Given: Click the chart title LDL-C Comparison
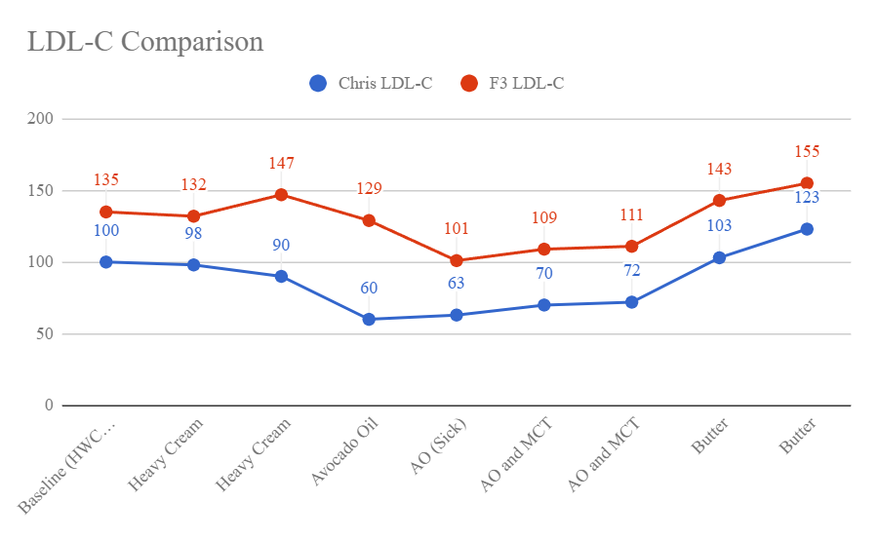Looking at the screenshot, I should coord(144,42).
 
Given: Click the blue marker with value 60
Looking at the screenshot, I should coord(369,319).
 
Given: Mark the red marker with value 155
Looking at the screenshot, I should coord(807,183).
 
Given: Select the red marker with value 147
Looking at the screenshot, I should coord(281,194).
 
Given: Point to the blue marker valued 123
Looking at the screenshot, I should coord(807,229).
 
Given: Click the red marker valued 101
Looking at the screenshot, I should coord(457,260).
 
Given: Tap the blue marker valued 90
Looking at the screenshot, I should coord(281,276).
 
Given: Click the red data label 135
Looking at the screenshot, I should coord(105,180).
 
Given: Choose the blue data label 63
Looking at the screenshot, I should coord(457,284).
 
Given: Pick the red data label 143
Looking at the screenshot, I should coord(719,170).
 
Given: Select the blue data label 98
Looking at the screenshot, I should coord(193,234).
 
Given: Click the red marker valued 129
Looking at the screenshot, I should coord(369,220).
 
